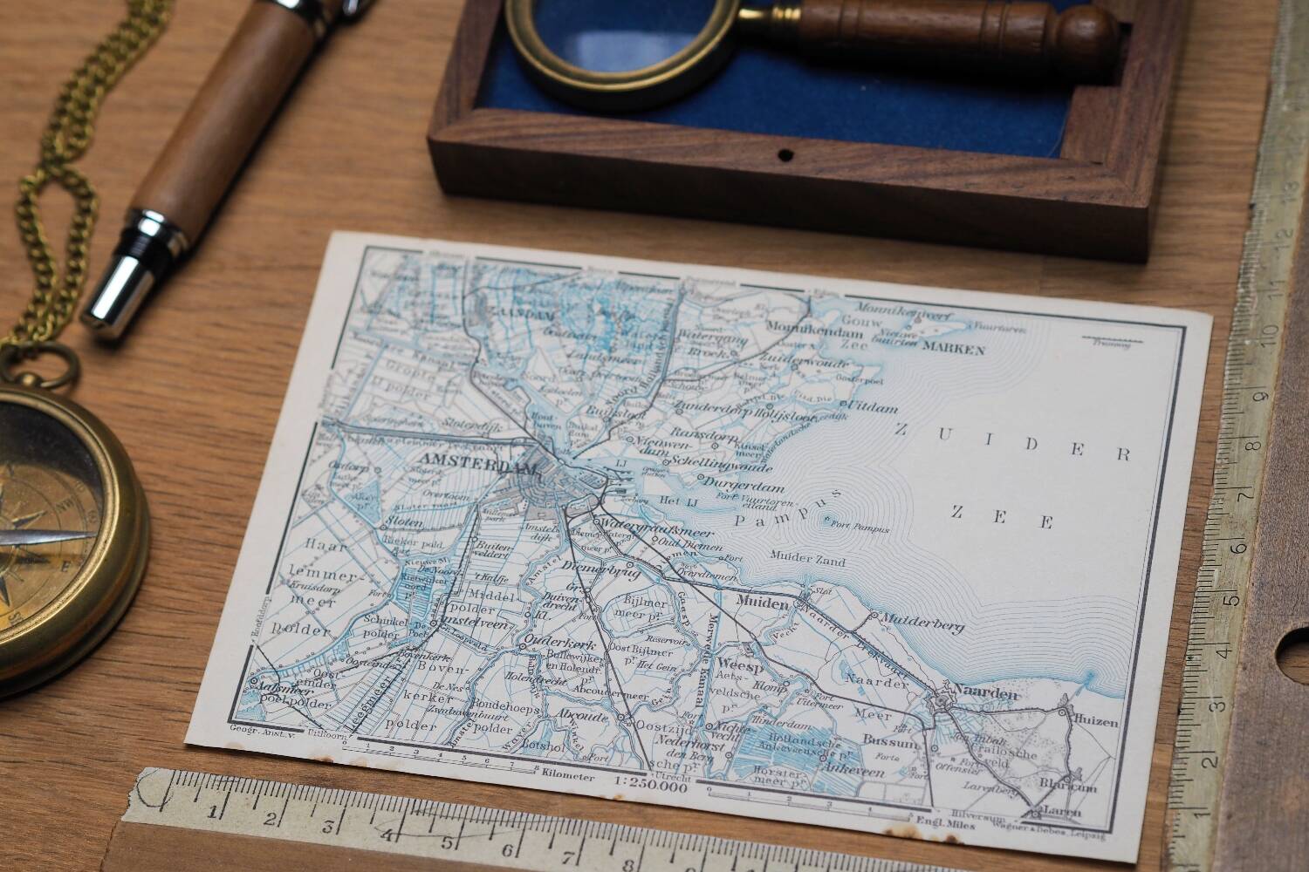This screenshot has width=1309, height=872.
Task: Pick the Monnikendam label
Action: (x=805, y=324)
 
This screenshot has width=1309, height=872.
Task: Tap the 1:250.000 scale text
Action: (x=651, y=786)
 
